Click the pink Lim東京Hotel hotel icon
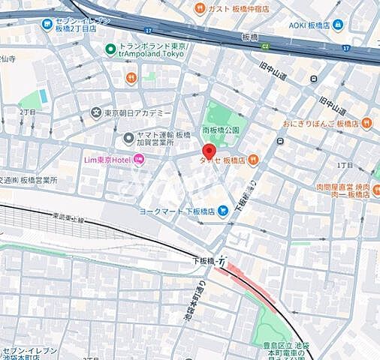click(x=139, y=159)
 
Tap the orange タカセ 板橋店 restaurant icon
click(x=253, y=159)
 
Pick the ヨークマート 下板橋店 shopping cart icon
click(x=223, y=211)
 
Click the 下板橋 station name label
click(x=204, y=261)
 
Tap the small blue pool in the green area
click(x=43, y=96)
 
